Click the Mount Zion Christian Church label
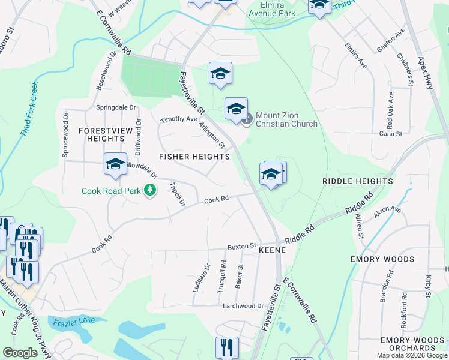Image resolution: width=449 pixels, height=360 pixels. click(286, 119)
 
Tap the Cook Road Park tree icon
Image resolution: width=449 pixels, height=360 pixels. click(150, 191)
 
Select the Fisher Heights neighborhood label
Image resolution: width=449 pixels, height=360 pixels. click(194, 156)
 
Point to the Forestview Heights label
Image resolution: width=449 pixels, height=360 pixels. click(101, 134)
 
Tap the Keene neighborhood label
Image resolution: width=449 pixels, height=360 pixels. click(271, 253)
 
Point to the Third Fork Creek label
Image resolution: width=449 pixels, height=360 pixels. click(28, 108)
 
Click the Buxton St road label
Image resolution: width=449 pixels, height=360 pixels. click(241, 246)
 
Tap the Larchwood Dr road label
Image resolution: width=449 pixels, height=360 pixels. click(244, 305)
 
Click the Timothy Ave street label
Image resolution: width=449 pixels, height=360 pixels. click(179, 119)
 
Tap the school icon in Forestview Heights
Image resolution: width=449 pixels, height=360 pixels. click(115, 165)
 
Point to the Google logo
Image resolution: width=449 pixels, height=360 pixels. click(20, 353)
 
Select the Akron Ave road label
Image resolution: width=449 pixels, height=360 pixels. click(387, 210)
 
